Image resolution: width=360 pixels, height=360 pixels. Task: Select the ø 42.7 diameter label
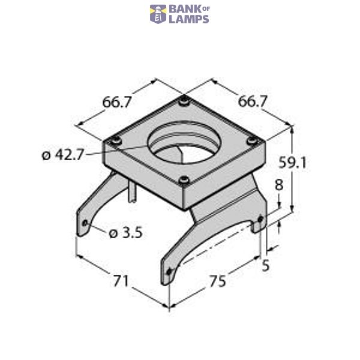[63, 155]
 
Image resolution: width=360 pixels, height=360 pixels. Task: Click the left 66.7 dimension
[116, 102]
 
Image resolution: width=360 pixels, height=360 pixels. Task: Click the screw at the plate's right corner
[253, 142]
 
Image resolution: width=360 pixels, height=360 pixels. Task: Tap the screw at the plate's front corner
[184, 179]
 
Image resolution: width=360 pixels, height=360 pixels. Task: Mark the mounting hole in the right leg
[259, 219]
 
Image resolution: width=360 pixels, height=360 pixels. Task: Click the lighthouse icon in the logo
[158, 14]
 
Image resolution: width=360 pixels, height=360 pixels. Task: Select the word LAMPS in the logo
[189, 19]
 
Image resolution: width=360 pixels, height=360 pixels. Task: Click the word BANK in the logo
[182, 9]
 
